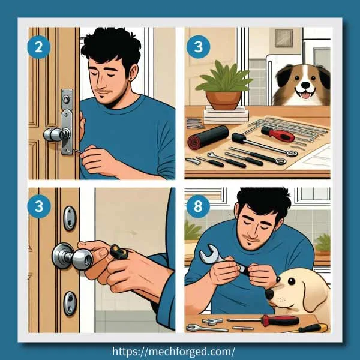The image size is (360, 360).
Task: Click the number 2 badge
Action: point(38,47)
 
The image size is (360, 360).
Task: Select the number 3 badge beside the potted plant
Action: point(197,47)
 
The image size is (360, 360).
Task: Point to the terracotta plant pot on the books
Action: point(223,99)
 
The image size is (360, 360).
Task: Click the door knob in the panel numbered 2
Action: point(54,134)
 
